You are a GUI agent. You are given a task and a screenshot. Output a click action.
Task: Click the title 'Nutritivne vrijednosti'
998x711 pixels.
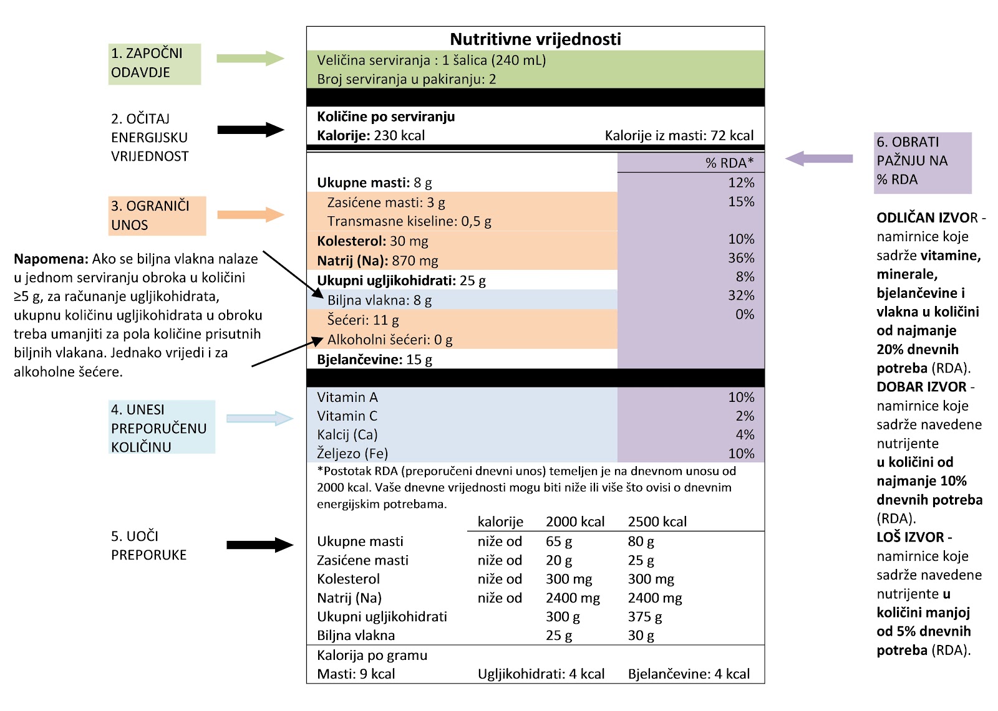pos(535,39)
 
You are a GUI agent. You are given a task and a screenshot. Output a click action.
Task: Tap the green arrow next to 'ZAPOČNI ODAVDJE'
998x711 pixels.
pos(250,59)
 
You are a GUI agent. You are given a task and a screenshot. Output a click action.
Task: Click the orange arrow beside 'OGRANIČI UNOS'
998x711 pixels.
pos(250,215)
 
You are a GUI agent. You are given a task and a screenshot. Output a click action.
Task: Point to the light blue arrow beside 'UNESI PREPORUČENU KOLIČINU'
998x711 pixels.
pos(259,419)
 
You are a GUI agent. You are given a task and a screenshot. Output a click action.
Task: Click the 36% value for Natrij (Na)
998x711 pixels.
pos(741,258)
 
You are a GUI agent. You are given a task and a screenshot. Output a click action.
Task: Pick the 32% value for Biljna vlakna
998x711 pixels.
pos(741,295)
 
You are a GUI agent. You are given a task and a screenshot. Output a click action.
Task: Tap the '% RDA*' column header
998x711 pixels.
pos(729,163)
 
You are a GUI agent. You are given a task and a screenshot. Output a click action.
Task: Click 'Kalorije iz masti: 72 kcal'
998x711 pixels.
pos(679,136)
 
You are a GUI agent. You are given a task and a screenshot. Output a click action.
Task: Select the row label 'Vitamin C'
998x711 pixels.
pos(347,416)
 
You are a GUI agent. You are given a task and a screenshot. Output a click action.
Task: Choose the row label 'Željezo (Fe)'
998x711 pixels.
pos(352,454)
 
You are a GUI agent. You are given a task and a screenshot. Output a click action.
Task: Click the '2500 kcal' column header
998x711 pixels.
pos(657,522)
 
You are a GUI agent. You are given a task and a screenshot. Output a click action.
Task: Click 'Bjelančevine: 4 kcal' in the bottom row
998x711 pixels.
pos(689,674)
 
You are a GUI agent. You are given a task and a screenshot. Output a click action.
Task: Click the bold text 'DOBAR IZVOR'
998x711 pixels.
pos(921,387)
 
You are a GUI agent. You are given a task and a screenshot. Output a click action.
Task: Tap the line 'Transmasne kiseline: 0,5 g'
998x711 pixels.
pos(409,221)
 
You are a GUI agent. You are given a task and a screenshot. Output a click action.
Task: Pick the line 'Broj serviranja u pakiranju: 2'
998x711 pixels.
pos(406,79)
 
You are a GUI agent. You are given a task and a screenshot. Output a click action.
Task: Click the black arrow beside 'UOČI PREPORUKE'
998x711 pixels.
pos(259,545)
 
